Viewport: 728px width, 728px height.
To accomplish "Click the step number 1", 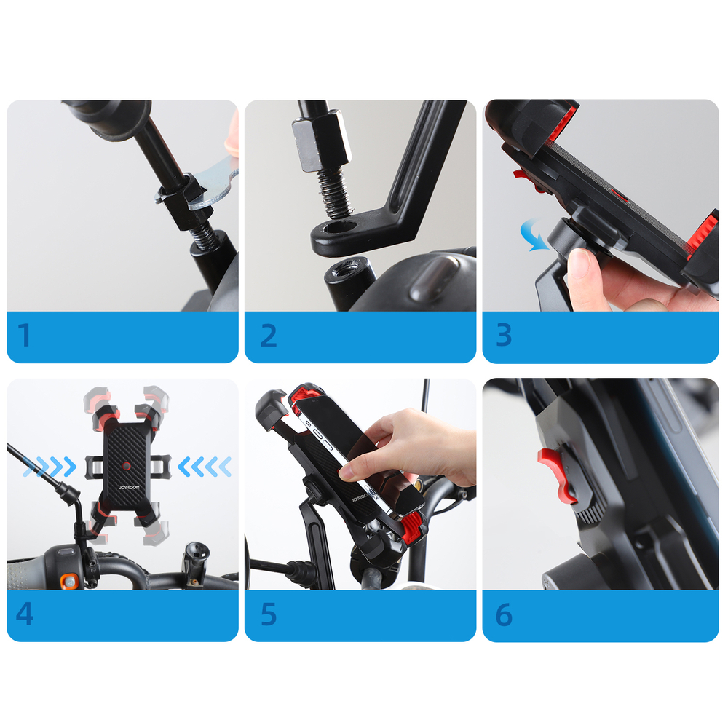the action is pos(25,335).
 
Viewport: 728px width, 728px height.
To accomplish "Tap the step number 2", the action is pos(269,335).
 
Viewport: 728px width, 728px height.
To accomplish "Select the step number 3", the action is pos(504,335).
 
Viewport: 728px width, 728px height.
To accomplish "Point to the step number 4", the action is pos(25,614).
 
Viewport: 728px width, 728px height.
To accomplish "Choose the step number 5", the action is pos(269,614).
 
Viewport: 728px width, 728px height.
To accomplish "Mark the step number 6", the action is pos(504,614).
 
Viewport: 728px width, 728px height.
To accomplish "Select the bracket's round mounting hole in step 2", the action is pos(339,227).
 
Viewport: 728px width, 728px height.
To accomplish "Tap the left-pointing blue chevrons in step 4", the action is pos(205,466).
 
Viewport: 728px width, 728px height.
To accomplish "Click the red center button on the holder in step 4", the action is pos(126,466).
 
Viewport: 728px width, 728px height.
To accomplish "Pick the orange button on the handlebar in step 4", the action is pos(70,580).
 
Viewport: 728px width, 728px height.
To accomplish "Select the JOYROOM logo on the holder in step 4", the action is pos(129,488).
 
